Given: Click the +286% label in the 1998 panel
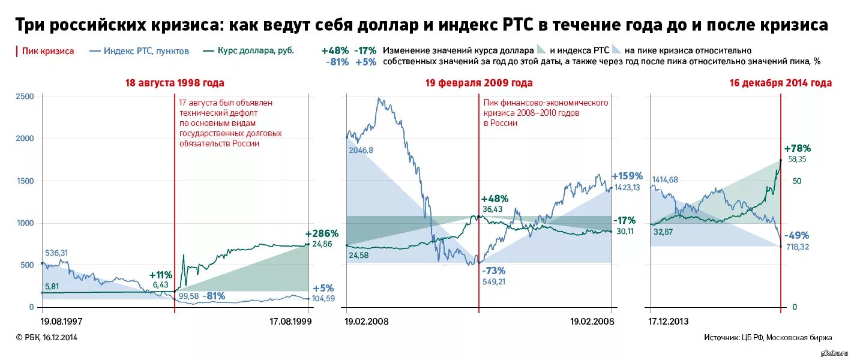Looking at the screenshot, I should pyautogui.click(x=322, y=233).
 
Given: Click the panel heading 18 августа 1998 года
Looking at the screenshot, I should pyautogui.click(x=174, y=83).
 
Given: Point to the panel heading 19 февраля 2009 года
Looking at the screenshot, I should pyautogui.click(x=479, y=83).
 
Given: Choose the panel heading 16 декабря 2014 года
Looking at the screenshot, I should pyautogui.click(x=780, y=83).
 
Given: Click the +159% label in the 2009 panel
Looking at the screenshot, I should pyautogui.click(x=627, y=176).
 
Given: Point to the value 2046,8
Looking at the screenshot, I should pyautogui.click(x=361, y=150).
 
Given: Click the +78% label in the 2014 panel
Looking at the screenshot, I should pyautogui.click(x=797, y=148).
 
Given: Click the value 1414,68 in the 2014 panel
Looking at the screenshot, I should pyautogui.click(x=669, y=179).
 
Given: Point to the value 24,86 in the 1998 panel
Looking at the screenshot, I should pyautogui.click(x=322, y=244).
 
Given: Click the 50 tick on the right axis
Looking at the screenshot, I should pyautogui.click(x=797, y=181).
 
